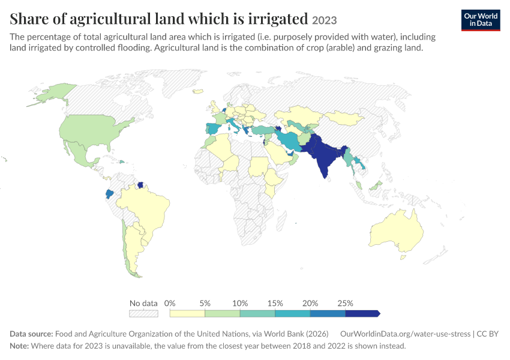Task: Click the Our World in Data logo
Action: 481,20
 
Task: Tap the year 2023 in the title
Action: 324,20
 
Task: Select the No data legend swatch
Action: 143,313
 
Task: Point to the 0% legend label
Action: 170,304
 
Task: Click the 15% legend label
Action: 275,304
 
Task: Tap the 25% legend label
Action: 345,304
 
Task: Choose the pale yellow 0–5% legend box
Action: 187,313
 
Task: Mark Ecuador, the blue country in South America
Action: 110,194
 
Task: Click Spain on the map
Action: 213,129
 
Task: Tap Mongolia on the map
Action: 345,118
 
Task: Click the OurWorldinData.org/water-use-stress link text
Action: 405,334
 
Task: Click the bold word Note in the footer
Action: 19,346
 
